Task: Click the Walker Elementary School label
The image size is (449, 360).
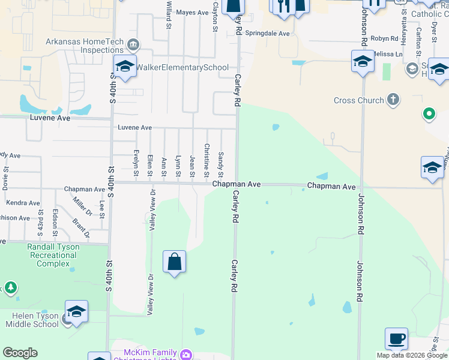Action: point(182,67)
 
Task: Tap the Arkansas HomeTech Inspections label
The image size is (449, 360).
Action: point(85,46)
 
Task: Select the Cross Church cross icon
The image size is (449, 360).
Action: point(393,100)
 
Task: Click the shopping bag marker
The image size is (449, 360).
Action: point(174,262)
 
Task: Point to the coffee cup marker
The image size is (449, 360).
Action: point(396,339)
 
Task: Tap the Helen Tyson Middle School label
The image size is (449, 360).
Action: point(32,320)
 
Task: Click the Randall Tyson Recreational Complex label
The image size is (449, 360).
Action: point(52,255)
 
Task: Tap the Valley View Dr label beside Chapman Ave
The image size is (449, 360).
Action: point(152,211)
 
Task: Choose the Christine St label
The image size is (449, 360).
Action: point(206,160)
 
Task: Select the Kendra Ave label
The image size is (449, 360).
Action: point(23,203)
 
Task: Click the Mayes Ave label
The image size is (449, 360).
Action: point(193,13)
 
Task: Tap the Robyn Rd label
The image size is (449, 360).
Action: point(385,38)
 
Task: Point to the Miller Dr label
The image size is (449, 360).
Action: point(82,207)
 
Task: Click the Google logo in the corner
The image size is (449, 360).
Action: point(20,353)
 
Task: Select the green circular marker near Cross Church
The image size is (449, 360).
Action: point(429,113)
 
